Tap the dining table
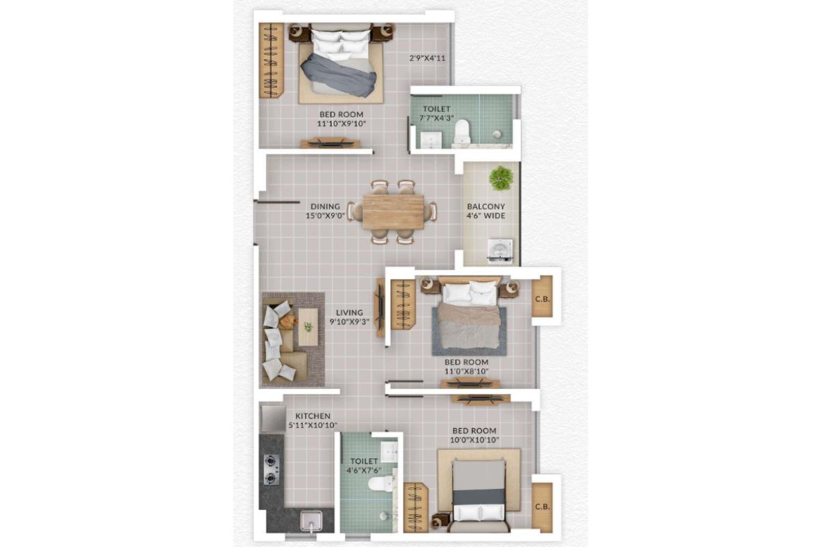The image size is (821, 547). point(393,212)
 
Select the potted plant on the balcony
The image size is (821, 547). point(501,178)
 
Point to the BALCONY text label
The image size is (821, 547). point(486,206)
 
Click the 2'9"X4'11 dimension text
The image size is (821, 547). point(428,58)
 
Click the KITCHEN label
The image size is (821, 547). point(313,416)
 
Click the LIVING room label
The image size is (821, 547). point(350,312)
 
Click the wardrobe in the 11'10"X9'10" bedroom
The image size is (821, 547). point(270,60)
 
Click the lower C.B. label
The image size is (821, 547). point(543,507)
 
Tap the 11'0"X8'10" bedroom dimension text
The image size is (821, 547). point(467,372)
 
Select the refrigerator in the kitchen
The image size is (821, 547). point(272,417)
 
